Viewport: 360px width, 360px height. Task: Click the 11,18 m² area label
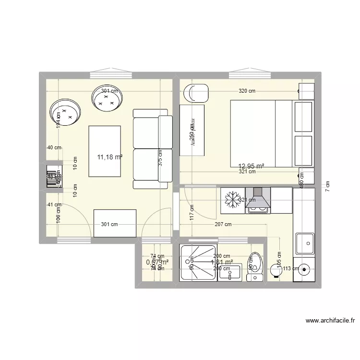(x=110, y=156)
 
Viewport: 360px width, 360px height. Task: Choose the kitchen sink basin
(x=305, y=243)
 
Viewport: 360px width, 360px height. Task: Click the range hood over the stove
(x=258, y=200)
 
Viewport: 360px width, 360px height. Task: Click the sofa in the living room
(x=152, y=148)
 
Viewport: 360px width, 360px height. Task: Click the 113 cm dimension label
(x=289, y=269)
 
